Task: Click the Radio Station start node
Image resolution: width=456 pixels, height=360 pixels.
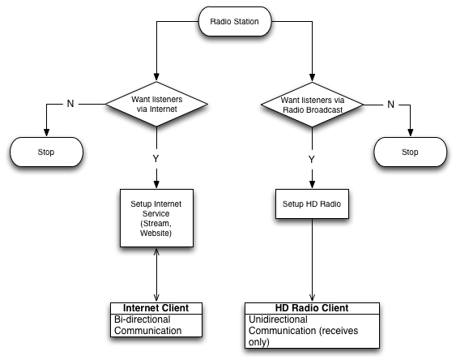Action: (235, 22)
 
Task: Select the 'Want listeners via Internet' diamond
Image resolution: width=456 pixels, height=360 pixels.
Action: (156, 104)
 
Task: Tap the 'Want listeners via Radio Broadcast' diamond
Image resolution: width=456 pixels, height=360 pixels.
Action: (313, 105)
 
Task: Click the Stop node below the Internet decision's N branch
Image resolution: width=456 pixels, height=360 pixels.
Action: (46, 152)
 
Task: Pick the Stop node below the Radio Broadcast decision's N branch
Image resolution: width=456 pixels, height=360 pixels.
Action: (411, 152)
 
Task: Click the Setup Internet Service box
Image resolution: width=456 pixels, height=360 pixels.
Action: (156, 218)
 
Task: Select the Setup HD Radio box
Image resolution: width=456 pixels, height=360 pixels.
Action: (312, 204)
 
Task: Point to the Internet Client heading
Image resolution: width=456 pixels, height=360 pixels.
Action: (156, 308)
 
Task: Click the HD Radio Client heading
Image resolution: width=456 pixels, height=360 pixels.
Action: (312, 308)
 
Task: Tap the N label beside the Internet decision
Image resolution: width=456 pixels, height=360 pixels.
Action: (70, 104)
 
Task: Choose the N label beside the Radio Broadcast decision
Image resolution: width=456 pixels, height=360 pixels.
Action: (391, 105)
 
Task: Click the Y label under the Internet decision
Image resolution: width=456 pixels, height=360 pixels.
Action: (156, 159)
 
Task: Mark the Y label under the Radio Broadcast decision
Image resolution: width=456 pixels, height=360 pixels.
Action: (312, 160)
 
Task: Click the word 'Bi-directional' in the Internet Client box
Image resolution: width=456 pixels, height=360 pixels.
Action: (143, 319)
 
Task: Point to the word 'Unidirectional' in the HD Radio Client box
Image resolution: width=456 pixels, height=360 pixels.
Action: (278, 319)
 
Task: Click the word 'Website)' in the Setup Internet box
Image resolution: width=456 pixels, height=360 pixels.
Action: (156, 234)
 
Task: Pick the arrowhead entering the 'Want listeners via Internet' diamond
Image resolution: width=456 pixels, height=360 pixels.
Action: (156, 77)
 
